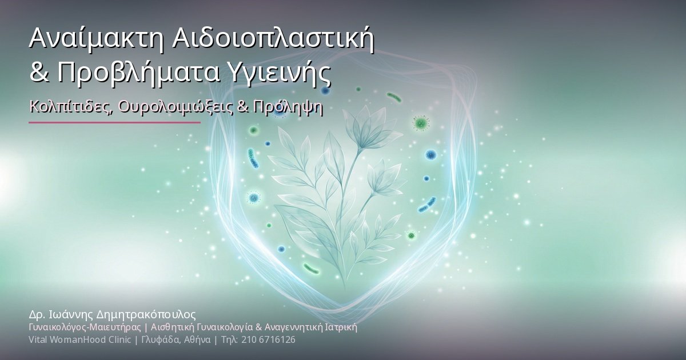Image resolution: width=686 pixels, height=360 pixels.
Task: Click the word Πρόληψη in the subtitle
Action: coord(288,107)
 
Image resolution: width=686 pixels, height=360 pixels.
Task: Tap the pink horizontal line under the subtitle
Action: coord(114,122)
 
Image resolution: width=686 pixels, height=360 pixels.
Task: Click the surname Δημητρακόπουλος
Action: coord(146,315)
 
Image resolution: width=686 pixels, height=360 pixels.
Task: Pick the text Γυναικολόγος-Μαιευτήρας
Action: coord(85,327)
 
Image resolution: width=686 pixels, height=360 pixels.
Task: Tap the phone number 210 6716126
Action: coord(268,340)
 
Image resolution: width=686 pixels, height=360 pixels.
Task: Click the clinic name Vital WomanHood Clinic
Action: coord(79,340)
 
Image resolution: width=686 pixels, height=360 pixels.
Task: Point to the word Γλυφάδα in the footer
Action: coord(161,340)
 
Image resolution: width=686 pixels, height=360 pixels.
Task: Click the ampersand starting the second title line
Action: coord(39,73)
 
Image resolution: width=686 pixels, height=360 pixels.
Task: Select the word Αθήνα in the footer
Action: coord(197,340)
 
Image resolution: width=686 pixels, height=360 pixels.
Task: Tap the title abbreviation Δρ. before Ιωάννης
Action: coord(37,315)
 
